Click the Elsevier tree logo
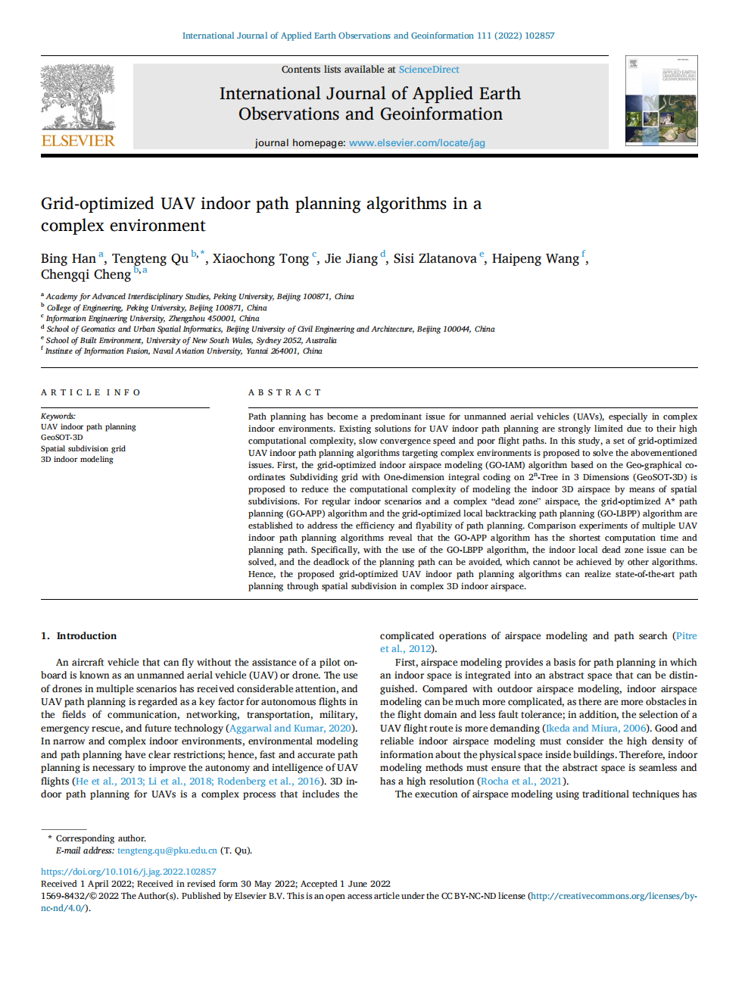(78, 98)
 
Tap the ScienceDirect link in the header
(429, 70)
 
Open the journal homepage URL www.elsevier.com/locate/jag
(416, 142)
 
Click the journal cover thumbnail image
(661, 101)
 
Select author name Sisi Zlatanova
(435, 259)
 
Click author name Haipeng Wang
(535, 259)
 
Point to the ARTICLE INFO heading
(91, 392)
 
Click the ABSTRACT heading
(285, 392)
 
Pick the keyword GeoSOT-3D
(62, 438)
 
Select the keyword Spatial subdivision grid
(83, 448)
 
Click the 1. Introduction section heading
(79, 636)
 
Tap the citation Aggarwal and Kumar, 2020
(290, 729)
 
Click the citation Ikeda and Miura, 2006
(596, 729)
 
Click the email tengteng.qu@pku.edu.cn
(167, 850)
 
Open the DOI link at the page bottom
(128, 872)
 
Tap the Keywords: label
(58, 416)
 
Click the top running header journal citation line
(368, 36)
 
